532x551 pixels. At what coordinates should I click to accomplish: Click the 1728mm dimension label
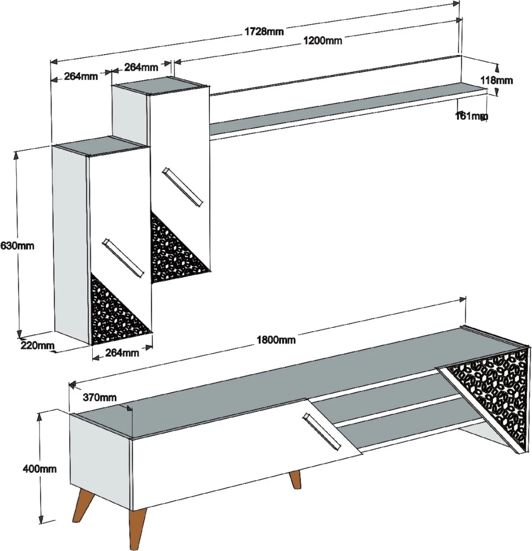[x=264, y=32]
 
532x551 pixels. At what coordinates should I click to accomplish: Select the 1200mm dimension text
[x=322, y=41]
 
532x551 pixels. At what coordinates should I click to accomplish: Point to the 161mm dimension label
[x=471, y=116]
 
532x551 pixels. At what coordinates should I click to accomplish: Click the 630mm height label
[x=18, y=246]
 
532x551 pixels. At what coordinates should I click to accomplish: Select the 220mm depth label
[x=37, y=346]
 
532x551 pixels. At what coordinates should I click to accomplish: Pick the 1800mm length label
[x=276, y=340]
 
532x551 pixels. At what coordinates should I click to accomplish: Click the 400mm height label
[x=40, y=469]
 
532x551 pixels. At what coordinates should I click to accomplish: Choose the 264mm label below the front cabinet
[x=122, y=353]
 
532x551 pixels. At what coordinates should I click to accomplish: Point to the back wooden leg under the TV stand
[x=295, y=479]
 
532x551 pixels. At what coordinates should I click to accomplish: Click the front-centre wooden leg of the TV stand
[x=137, y=529]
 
